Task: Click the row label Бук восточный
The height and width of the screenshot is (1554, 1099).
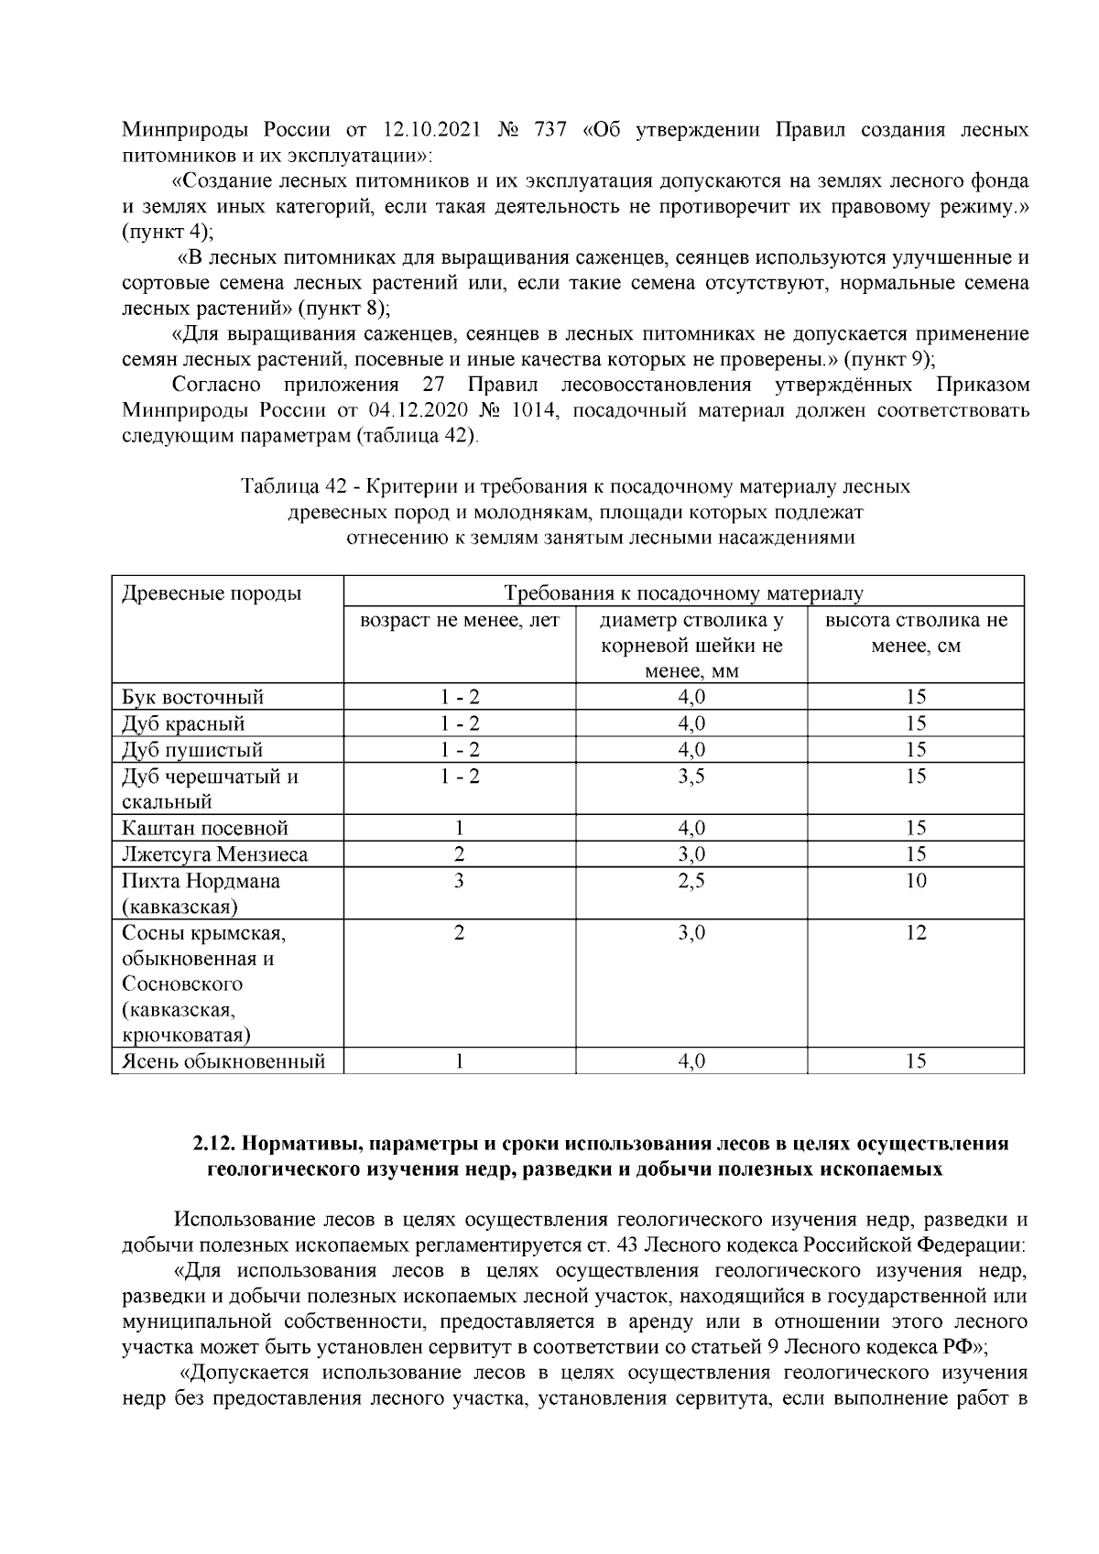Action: click(x=193, y=697)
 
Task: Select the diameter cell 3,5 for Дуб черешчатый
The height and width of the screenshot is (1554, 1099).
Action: click(x=691, y=777)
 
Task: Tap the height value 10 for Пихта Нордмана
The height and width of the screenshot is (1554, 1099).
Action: click(x=916, y=881)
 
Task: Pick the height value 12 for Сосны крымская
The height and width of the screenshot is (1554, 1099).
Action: click(x=916, y=933)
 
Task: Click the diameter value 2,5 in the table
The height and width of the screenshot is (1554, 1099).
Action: click(x=691, y=881)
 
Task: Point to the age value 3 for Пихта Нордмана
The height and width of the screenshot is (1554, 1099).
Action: click(x=459, y=881)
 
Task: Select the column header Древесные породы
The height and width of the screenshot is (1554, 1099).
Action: click(x=212, y=593)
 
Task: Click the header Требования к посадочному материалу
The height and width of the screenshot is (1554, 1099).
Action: click(x=683, y=593)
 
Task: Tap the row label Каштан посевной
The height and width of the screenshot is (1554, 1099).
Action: click(x=205, y=829)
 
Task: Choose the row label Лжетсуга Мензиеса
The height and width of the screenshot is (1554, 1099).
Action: click(x=215, y=855)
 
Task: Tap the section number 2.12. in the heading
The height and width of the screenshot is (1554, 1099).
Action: click(x=215, y=1145)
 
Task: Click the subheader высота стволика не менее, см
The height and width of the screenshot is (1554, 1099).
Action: click(x=916, y=633)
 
